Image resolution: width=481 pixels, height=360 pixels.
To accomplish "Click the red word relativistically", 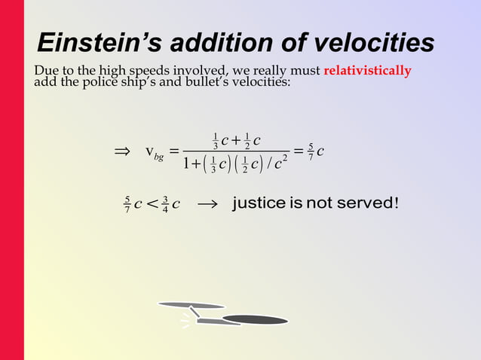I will pyautogui.click(x=367, y=72).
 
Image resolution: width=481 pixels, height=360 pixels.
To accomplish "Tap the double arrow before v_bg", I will pyautogui.click(x=122, y=151).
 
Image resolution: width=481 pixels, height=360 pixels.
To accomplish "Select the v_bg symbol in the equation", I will pyautogui.click(x=154, y=153).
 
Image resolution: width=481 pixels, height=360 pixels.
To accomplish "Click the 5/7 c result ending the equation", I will pyautogui.click(x=316, y=151).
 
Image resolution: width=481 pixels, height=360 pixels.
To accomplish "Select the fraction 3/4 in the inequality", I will pyautogui.click(x=165, y=204).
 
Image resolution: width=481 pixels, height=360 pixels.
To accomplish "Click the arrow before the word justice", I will pyautogui.click(x=206, y=204).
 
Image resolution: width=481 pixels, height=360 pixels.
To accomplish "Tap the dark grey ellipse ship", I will pyautogui.click(x=255, y=320).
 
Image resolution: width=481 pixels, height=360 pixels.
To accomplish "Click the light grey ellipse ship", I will pyautogui.click(x=191, y=305).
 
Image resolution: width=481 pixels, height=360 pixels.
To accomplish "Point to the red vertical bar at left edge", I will pyautogui.click(x=11, y=180).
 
